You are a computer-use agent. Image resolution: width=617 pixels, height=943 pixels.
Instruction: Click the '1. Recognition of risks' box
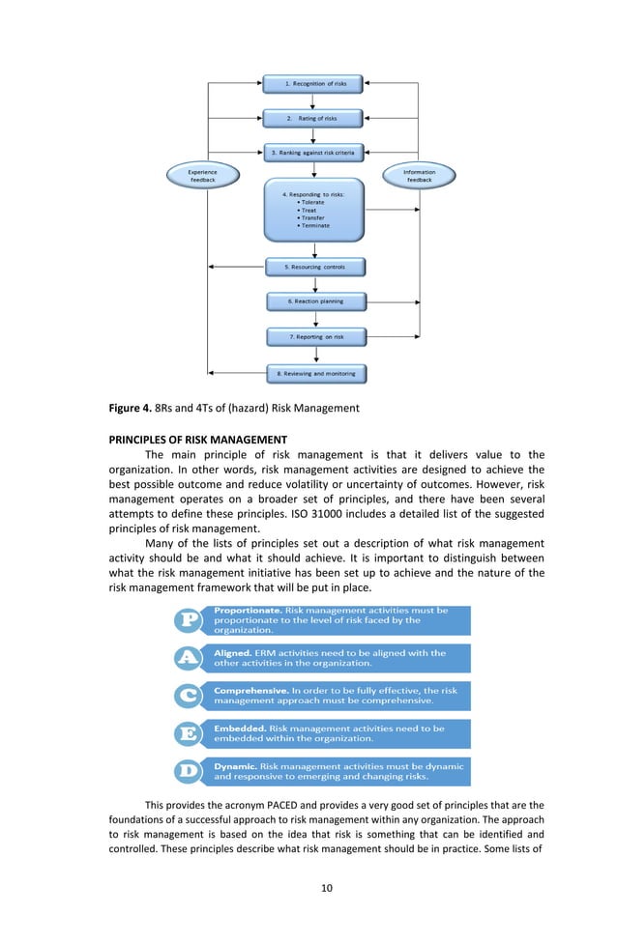coord(313,84)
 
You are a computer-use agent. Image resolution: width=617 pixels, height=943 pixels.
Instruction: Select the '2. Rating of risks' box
coord(313,118)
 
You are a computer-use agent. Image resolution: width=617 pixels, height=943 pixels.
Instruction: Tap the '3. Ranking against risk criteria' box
coord(313,153)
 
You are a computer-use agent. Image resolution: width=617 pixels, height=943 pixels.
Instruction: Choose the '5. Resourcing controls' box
coord(314,266)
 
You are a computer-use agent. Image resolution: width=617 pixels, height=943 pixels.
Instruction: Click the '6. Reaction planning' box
coord(315,301)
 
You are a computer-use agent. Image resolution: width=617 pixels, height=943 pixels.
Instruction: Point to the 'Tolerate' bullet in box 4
coord(315,202)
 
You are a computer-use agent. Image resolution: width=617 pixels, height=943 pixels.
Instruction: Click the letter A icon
coord(189,658)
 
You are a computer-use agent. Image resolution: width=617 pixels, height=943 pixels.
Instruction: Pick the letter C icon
coord(189,696)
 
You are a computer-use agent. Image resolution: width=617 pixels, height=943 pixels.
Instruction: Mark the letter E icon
coord(189,733)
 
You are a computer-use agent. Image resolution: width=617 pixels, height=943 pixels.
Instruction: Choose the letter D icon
coord(189,770)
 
